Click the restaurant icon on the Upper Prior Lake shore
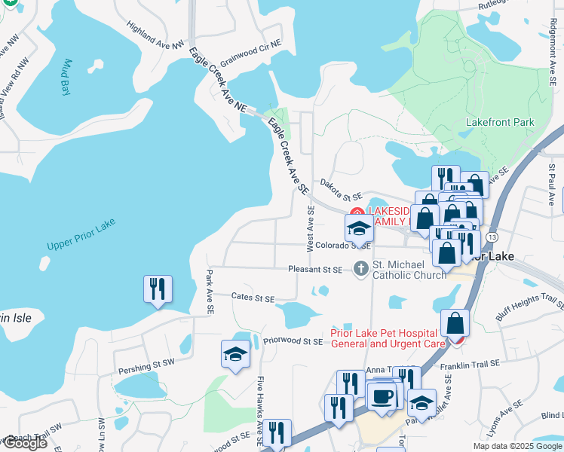158,289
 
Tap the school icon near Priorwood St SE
235,355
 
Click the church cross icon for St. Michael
360,267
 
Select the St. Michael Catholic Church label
409,270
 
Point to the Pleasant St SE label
315,269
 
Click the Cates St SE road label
253,298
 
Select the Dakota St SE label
341,188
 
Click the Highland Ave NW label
155,35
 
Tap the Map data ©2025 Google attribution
516,446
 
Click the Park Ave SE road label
210,292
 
